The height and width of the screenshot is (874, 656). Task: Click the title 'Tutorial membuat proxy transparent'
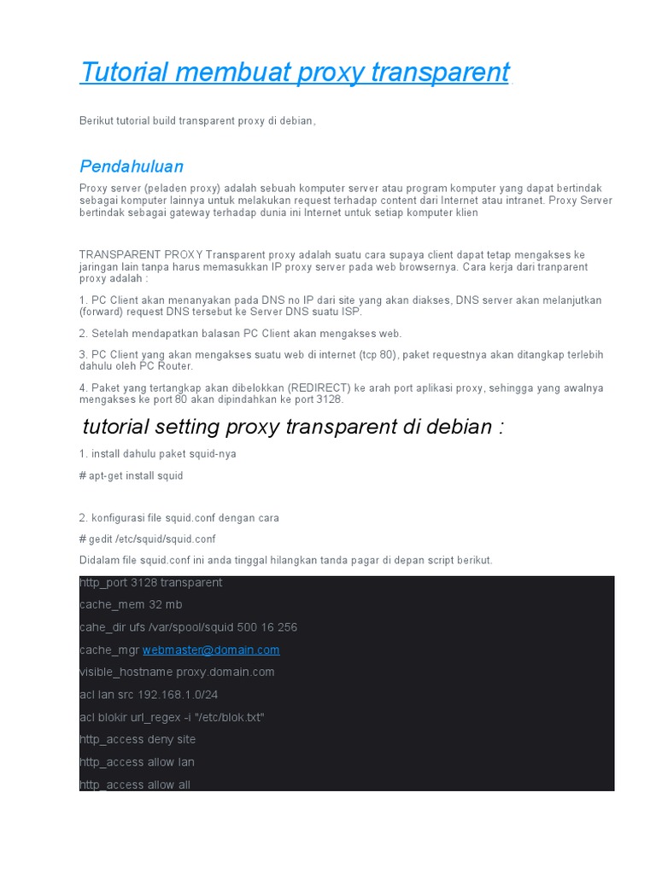[x=294, y=73]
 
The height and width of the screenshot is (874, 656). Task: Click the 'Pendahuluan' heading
[x=132, y=166]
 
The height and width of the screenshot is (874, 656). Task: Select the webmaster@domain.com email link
[x=211, y=650]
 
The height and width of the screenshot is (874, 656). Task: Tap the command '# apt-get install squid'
[x=131, y=475]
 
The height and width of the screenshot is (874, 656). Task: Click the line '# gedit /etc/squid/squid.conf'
[x=147, y=539]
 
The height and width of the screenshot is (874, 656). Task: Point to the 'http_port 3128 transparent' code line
[x=150, y=582]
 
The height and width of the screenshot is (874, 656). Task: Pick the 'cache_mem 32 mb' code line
[x=131, y=604]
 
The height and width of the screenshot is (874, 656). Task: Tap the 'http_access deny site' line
[x=138, y=739]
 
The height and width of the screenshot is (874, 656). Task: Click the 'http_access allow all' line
[x=135, y=784]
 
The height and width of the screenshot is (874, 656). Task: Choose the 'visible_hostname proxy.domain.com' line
[x=177, y=672]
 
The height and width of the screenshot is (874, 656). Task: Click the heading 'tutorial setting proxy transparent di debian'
[x=293, y=426]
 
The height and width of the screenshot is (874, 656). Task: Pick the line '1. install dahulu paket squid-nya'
[x=157, y=454]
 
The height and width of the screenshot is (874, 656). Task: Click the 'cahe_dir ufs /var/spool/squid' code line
[x=188, y=627]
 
